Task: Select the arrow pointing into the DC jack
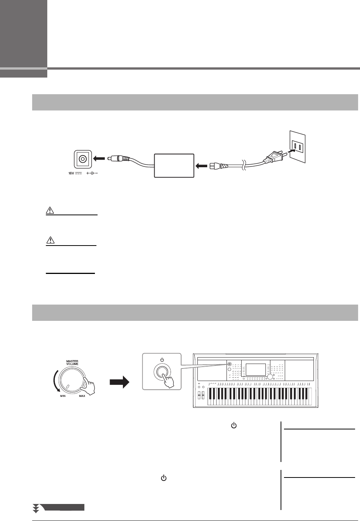(x=99, y=159)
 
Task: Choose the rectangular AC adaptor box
(x=174, y=165)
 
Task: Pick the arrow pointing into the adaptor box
(x=201, y=165)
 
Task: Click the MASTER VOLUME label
(x=72, y=362)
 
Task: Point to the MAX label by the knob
(x=82, y=396)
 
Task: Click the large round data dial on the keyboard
(x=269, y=378)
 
